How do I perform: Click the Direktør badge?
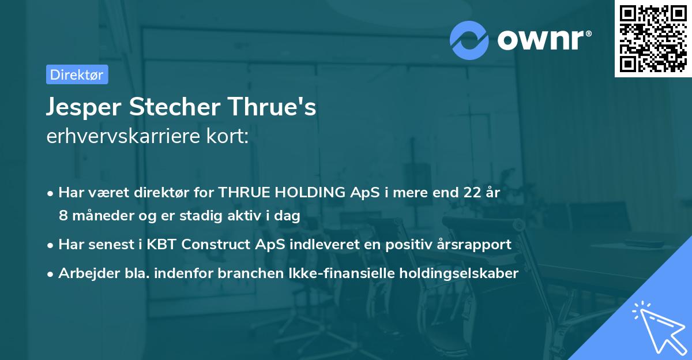click(x=77, y=74)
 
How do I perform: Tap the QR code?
click(x=653, y=38)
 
